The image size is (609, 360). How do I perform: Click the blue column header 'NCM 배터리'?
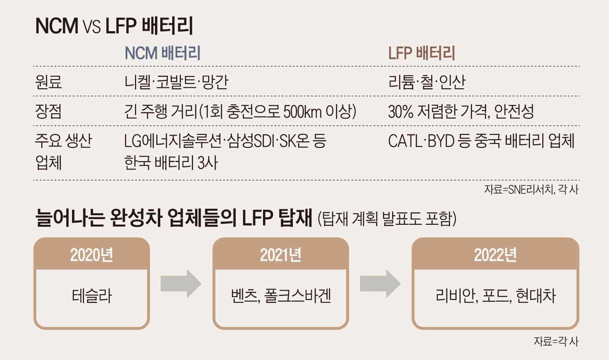point(162,53)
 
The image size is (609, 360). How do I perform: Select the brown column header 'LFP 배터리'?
point(422,53)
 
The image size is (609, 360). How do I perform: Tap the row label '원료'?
point(48,82)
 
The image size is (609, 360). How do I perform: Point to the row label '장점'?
point(48,112)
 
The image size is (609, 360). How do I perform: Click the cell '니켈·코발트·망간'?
point(177,82)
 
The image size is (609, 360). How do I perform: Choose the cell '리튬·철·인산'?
point(427,82)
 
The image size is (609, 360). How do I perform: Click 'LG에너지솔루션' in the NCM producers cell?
point(174,141)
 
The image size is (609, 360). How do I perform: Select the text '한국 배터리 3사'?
point(171,163)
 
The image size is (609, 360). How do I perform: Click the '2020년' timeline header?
point(92,255)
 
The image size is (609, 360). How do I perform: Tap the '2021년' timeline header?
point(281,255)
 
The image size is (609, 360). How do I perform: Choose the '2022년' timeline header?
point(495,255)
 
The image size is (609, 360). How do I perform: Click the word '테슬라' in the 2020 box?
point(92,296)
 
